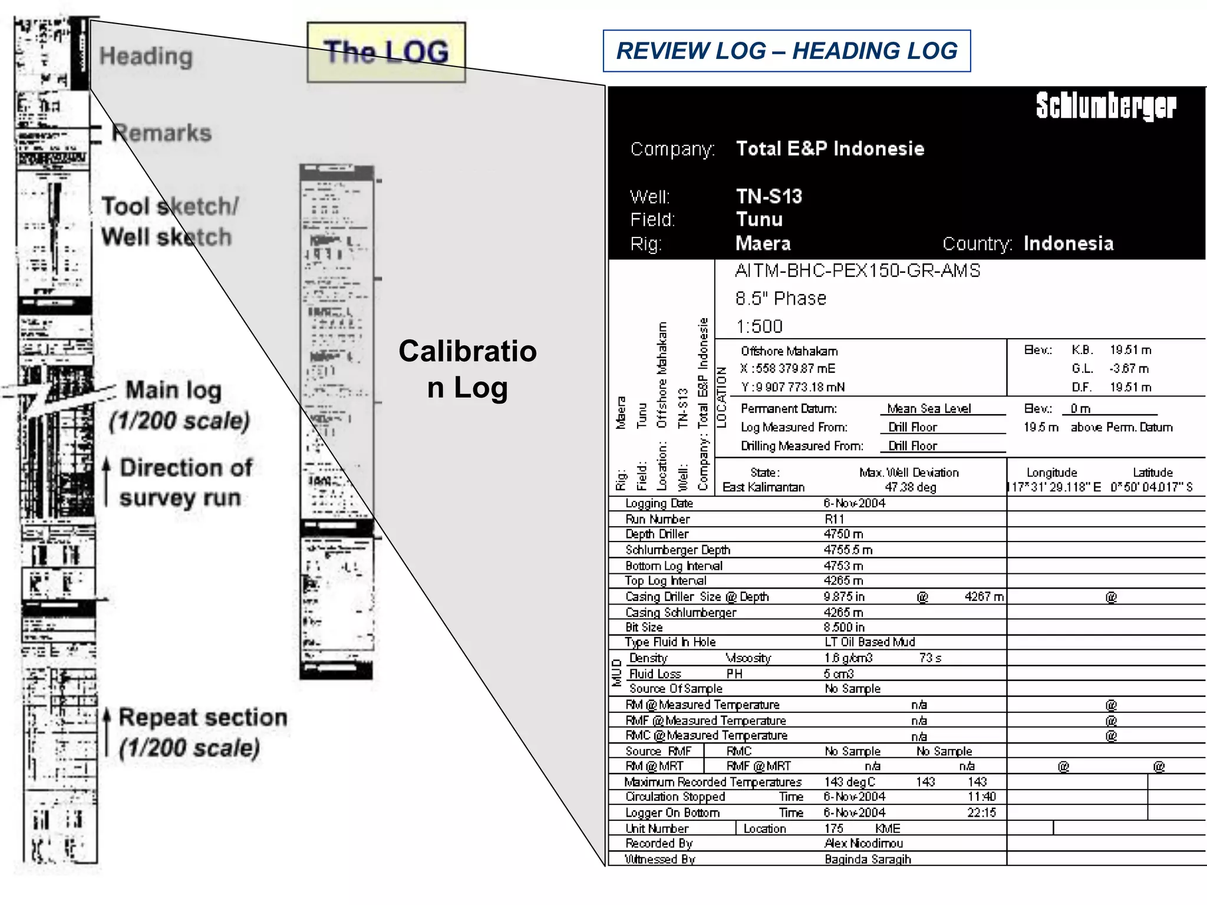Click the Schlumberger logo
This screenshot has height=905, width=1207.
[1106, 107]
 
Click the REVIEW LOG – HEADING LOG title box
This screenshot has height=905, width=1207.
[786, 51]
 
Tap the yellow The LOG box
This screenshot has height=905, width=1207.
[386, 52]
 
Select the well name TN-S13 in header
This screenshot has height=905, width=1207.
[769, 196]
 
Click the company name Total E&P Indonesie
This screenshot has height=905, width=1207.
[830, 148]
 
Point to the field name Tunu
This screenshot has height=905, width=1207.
[759, 220]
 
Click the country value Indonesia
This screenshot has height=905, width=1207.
[1068, 243]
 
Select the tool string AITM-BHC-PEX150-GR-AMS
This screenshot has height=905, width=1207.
[858, 270]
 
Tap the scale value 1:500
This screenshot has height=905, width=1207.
[759, 326]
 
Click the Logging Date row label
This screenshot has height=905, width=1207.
[659, 503]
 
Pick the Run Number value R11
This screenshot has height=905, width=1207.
[835, 519]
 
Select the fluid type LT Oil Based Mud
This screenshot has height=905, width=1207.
[869, 642]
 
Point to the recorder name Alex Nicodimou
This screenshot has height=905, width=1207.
[863, 843]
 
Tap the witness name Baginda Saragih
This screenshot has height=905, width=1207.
[868, 859]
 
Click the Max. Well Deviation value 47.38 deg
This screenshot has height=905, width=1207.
[910, 487]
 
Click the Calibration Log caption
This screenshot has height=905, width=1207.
[467, 369]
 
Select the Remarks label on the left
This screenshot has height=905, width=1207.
[161, 133]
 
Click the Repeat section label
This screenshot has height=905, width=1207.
[203, 718]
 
